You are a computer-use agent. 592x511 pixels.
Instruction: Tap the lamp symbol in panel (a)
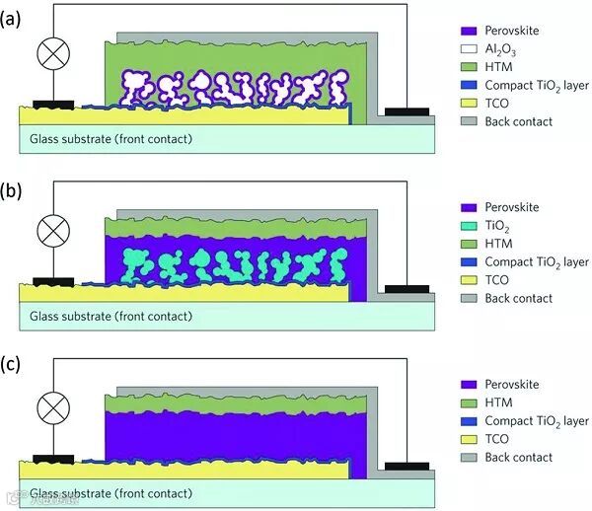(x=51, y=54)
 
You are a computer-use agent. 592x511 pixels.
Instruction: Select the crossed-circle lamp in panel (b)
(x=51, y=232)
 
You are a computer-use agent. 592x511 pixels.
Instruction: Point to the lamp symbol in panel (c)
(x=51, y=406)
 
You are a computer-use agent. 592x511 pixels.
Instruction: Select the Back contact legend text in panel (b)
(x=519, y=298)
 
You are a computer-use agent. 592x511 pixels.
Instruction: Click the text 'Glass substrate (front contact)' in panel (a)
(x=110, y=139)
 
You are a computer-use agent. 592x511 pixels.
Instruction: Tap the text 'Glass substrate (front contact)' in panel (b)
(x=110, y=317)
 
